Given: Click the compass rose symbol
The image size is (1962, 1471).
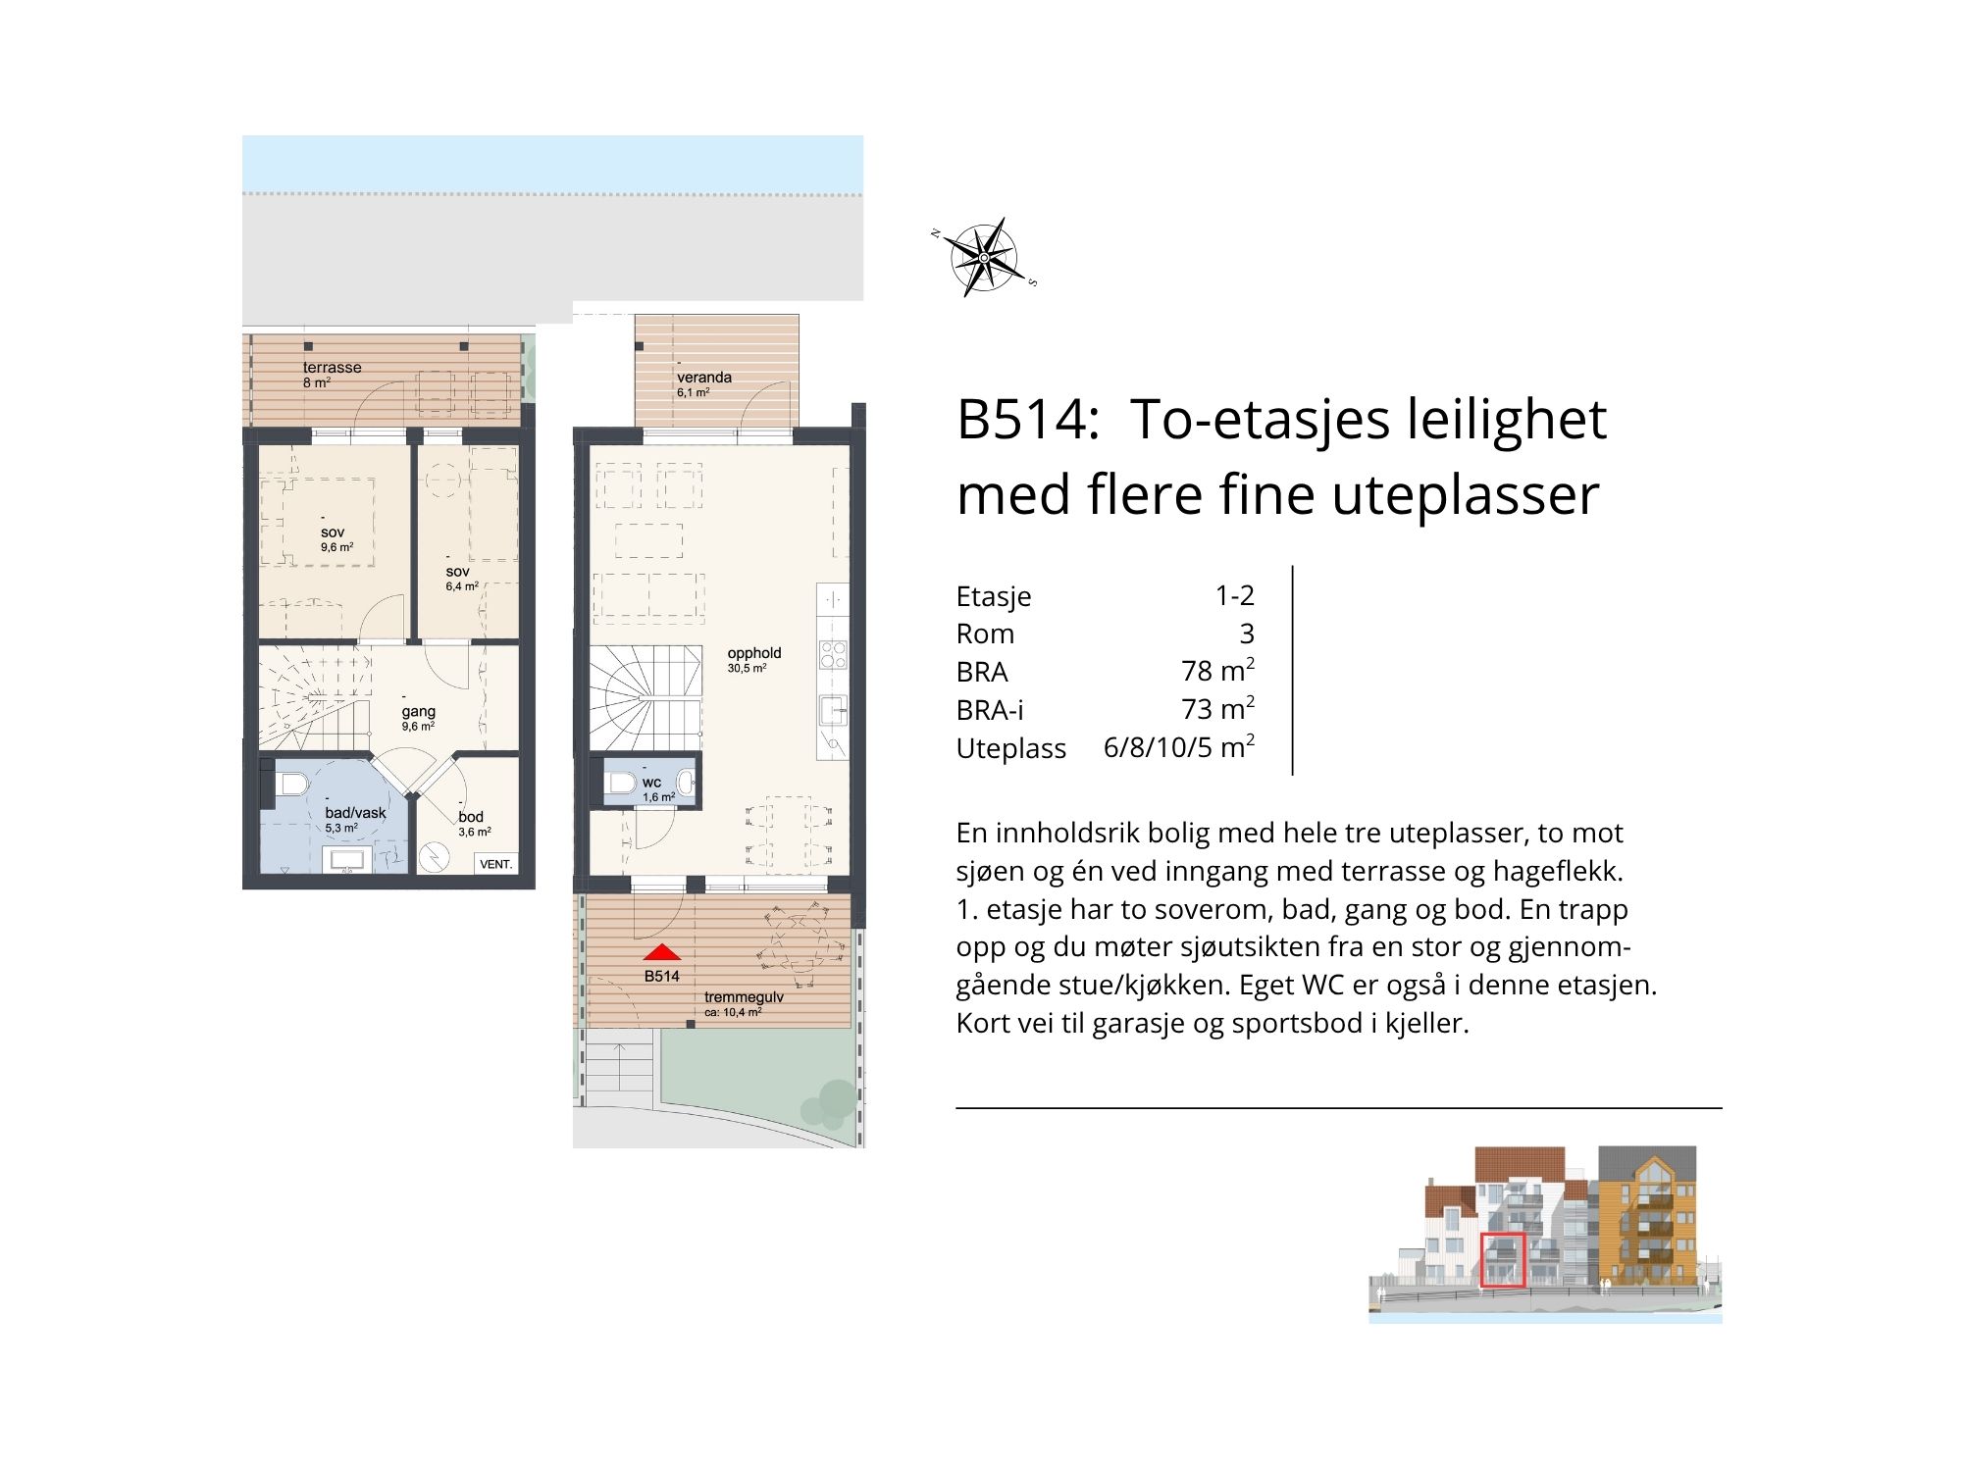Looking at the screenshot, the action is [984, 258].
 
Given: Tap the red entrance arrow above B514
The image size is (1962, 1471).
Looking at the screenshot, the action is [662, 952].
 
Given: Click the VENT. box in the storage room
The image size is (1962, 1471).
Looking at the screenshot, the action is [496, 864].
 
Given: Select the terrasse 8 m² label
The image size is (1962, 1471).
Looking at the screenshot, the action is [332, 375].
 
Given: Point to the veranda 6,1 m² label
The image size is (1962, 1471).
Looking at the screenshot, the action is [703, 383].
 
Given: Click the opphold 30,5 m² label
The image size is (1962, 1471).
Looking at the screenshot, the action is [753, 660].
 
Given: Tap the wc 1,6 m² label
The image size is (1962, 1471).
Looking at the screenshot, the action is [657, 789].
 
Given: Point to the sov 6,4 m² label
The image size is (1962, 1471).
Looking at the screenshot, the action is [461, 579].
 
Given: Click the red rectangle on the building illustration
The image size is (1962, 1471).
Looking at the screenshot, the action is [1503, 1260].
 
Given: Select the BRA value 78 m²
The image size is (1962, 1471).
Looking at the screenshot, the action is [1217, 671].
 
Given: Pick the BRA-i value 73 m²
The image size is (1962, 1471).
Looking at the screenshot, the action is [1217, 709].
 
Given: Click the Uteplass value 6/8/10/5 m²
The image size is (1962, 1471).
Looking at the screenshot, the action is [1179, 747].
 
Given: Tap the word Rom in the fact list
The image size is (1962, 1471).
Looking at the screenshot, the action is [985, 634].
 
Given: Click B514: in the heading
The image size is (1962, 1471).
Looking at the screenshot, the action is [1027, 420].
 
